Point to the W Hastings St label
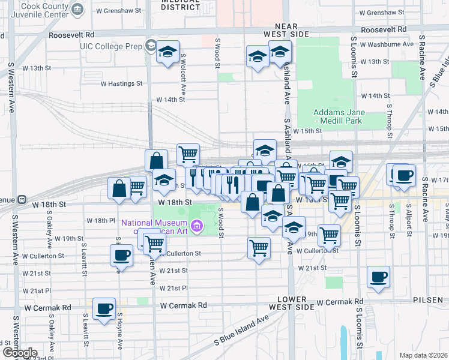coord(121,84)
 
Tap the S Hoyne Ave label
coord(119,331)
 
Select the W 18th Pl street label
coord(100,220)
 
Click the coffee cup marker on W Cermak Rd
coord(104,309)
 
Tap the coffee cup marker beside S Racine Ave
coord(404,175)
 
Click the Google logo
coord(20,353)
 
